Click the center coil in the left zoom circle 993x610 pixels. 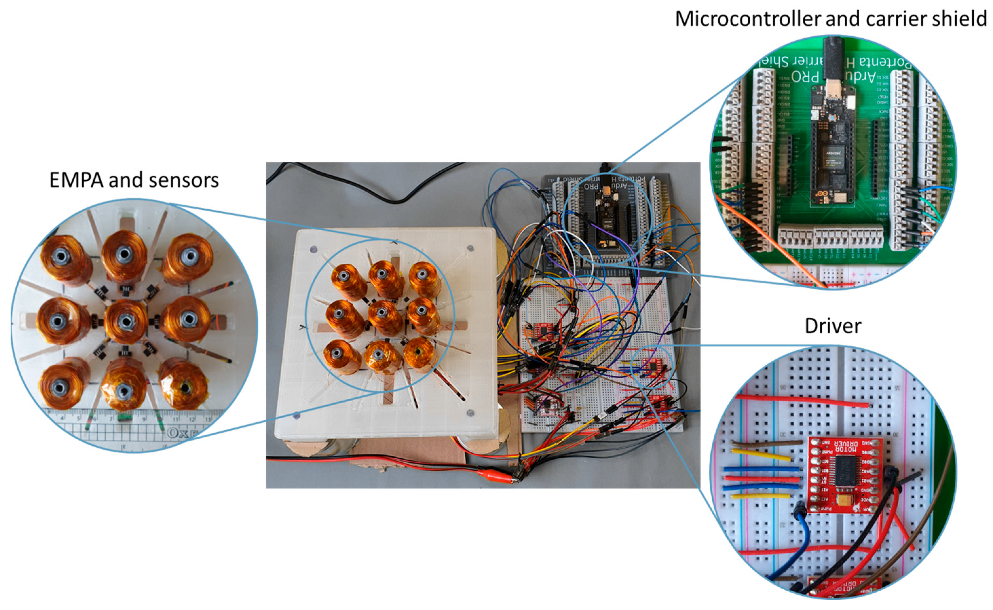click(x=126, y=321)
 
